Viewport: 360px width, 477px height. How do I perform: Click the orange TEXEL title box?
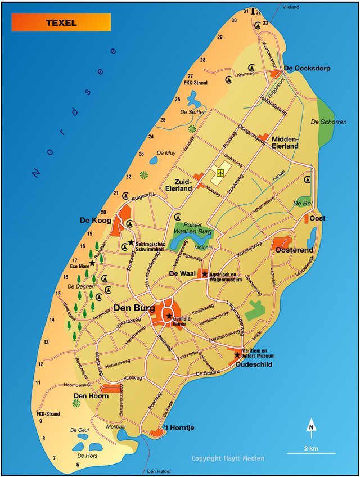(61, 22)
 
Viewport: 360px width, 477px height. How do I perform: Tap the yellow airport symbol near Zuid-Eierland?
(220, 173)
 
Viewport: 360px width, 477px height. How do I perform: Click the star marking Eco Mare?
(92, 263)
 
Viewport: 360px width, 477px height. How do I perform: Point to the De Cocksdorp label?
(307, 69)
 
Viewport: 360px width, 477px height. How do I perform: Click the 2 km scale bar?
(311, 452)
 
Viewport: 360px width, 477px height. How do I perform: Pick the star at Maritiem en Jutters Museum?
(237, 354)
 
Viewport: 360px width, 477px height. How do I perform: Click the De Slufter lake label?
(191, 112)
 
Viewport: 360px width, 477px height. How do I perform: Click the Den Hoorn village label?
(91, 396)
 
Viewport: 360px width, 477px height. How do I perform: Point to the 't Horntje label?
(178, 428)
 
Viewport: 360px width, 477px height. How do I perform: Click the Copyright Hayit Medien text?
(227, 458)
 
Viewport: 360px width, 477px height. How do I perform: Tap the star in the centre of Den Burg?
(169, 316)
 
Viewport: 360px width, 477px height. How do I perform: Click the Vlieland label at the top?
(291, 7)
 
